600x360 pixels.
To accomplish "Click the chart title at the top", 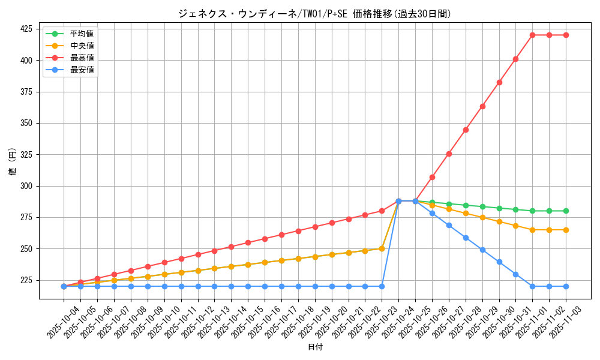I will (314, 13).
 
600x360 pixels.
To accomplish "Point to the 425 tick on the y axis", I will (28, 29).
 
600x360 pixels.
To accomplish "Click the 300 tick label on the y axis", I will (28, 186).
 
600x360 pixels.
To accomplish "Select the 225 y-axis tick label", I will (28, 280).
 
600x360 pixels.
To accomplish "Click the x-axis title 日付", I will (314, 347).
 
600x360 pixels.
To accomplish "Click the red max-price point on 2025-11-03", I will (566, 35).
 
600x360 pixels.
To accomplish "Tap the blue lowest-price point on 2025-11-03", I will (566, 286).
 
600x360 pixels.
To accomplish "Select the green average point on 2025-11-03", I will (566, 211).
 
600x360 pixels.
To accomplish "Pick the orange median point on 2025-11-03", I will (566, 230).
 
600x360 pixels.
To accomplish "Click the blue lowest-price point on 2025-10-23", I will (382, 286).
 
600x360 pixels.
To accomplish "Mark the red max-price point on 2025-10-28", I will (466, 130).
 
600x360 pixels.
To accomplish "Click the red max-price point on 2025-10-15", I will (248, 242).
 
